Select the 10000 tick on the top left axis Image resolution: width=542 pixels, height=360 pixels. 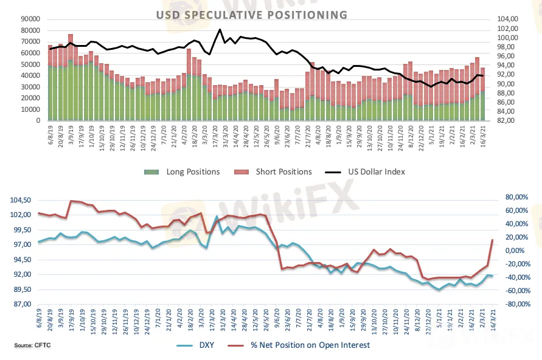coord(27,109)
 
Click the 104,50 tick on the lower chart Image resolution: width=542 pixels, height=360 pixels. coord(20,200)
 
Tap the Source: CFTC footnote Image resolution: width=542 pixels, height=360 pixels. coord(32,346)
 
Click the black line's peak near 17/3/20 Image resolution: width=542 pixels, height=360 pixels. coord(220,29)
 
